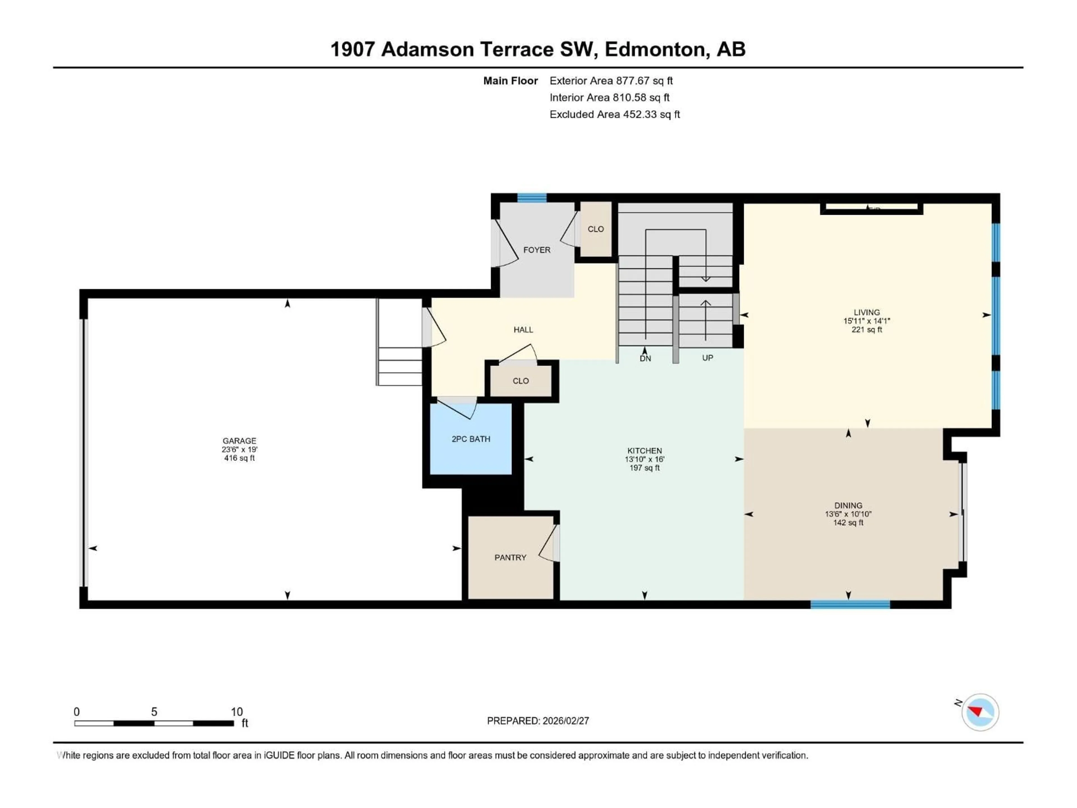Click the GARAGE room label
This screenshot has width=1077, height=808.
pos(239,441)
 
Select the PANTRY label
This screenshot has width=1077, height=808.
pos(510,557)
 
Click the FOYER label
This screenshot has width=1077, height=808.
pos(537,250)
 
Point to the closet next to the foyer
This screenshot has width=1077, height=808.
pos(595,229)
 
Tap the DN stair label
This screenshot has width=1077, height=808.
pos(645,359)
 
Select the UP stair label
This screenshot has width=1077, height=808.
pos(707,358)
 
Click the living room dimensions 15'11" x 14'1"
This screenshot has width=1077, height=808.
pos(867,321)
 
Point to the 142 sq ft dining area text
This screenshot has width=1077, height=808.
pos(848,523)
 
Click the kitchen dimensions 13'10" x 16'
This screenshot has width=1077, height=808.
pos(645,459)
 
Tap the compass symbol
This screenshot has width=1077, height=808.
pos(980,712)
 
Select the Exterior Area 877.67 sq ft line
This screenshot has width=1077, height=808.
pos(611,81)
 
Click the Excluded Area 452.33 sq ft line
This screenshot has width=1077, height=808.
pos(615,114)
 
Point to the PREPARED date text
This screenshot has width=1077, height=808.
pos(538,721)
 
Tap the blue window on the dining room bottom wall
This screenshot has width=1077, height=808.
pos(850,604)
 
